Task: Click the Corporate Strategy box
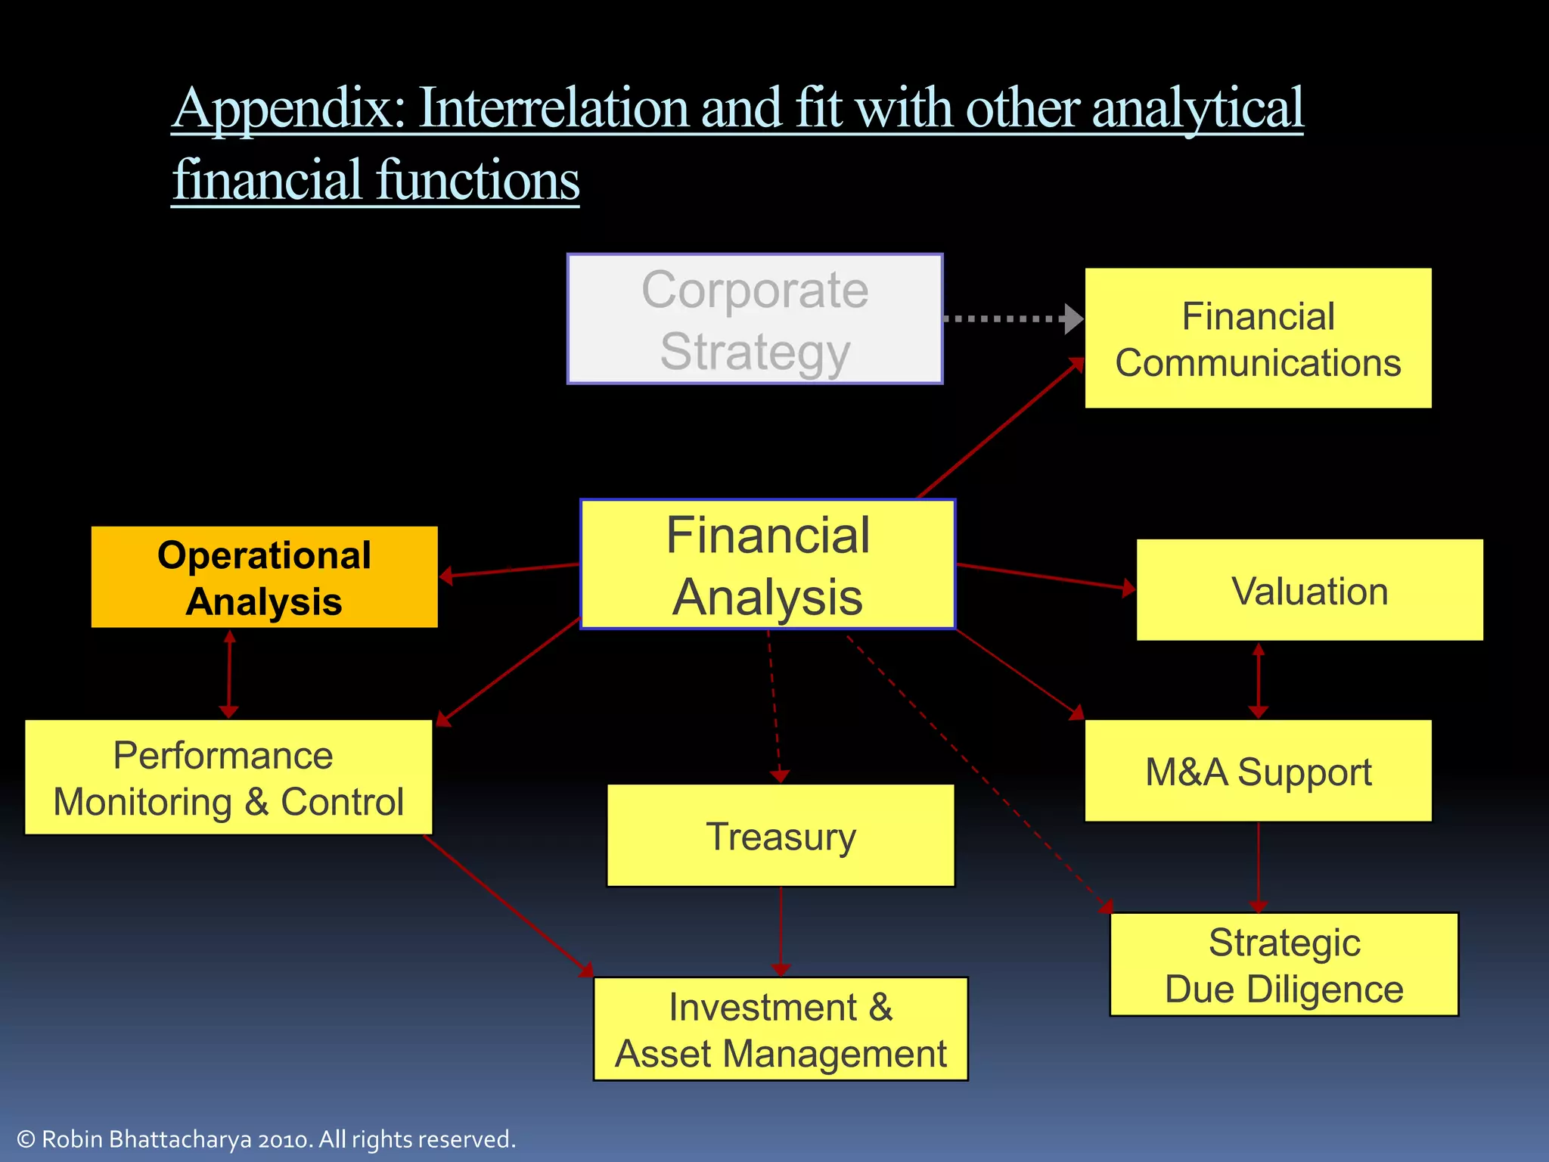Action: [x=755, y=319]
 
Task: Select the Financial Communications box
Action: [x=1258, y=338]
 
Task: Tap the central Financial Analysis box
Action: [x=768, y=564]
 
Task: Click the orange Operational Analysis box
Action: [x=264, y=577]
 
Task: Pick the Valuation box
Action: [x=1309, y=590]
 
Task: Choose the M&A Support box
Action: [x=1258, y=771]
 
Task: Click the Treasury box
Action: [x=781, y=835]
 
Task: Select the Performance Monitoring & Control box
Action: [x=228, y=778]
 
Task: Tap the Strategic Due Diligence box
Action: [x=1284, y=965]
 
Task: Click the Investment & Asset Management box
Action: [x=781, y=1029]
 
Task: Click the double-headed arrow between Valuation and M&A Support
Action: [x=1258, y=681]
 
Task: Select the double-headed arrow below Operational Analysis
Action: [x=229, y=675]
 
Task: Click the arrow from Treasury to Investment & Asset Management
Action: [x=781, y=931]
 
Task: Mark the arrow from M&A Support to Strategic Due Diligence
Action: [x=1258, y=866]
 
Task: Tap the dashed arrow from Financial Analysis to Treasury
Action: [x=774, y=704]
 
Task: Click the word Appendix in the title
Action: [x=288, y=108]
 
